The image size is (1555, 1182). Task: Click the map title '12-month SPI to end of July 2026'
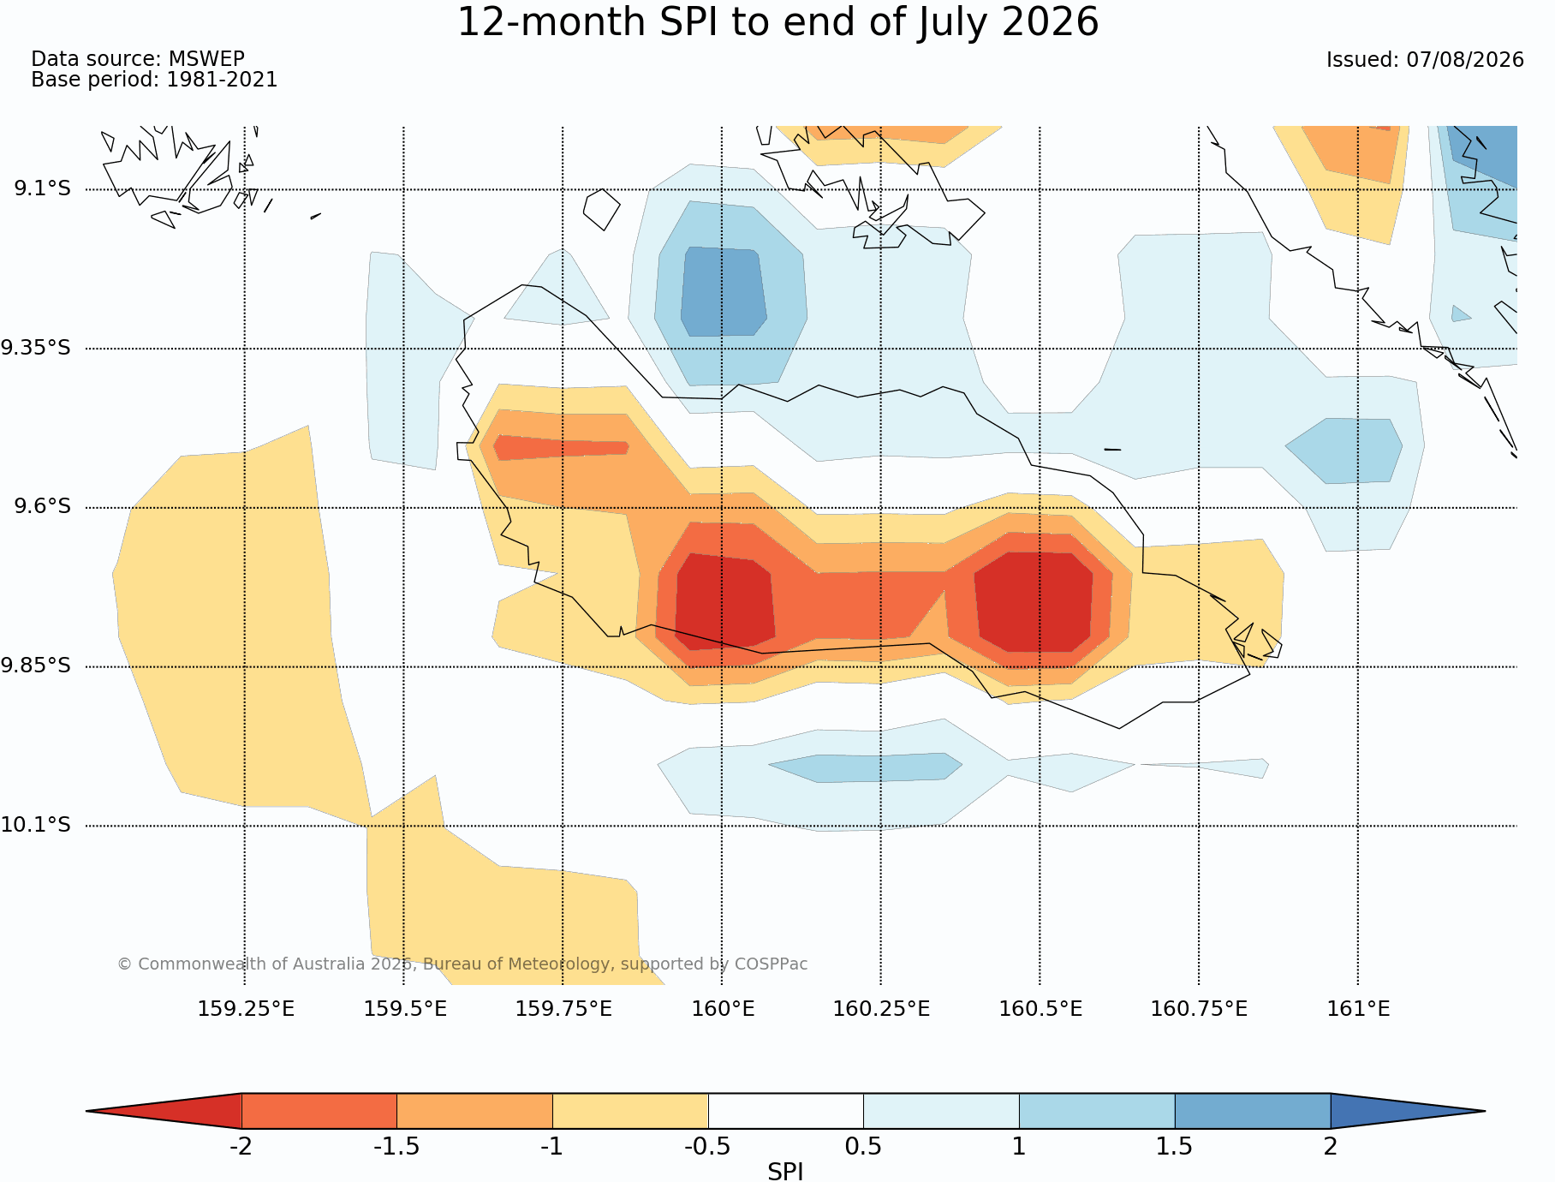(x=777, y=23)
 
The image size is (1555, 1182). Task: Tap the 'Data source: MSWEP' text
(x=138, y=59)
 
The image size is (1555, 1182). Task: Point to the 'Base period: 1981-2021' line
(x=154, y=80)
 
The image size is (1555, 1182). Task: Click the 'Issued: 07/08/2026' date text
(x=1425, y=60)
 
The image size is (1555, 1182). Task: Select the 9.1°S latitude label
(x=42, y=188)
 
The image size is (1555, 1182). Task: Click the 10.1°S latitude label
(x=35, y=825)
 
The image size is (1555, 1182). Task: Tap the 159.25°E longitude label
(x=246, y=1009)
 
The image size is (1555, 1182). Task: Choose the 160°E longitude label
(x=723, y=1009)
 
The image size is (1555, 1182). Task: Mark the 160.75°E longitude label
(x=1199, y=1009)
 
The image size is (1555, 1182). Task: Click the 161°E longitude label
(x=1358, y=1009)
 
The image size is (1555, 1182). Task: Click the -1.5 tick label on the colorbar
(x=396, y=1147)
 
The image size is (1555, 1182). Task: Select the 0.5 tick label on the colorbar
(x=863, y=1147)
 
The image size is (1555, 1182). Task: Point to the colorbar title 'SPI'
(x=785, y=1172)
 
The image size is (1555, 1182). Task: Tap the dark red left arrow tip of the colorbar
(x=87, y=1111)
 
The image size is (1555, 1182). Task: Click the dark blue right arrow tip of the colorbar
(x=1483, y=1111)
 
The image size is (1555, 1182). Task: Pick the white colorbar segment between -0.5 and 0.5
(x=785, y=1111)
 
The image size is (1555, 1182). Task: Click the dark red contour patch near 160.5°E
(x=1034, y=601)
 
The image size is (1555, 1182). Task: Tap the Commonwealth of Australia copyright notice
(x=462, y=964)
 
